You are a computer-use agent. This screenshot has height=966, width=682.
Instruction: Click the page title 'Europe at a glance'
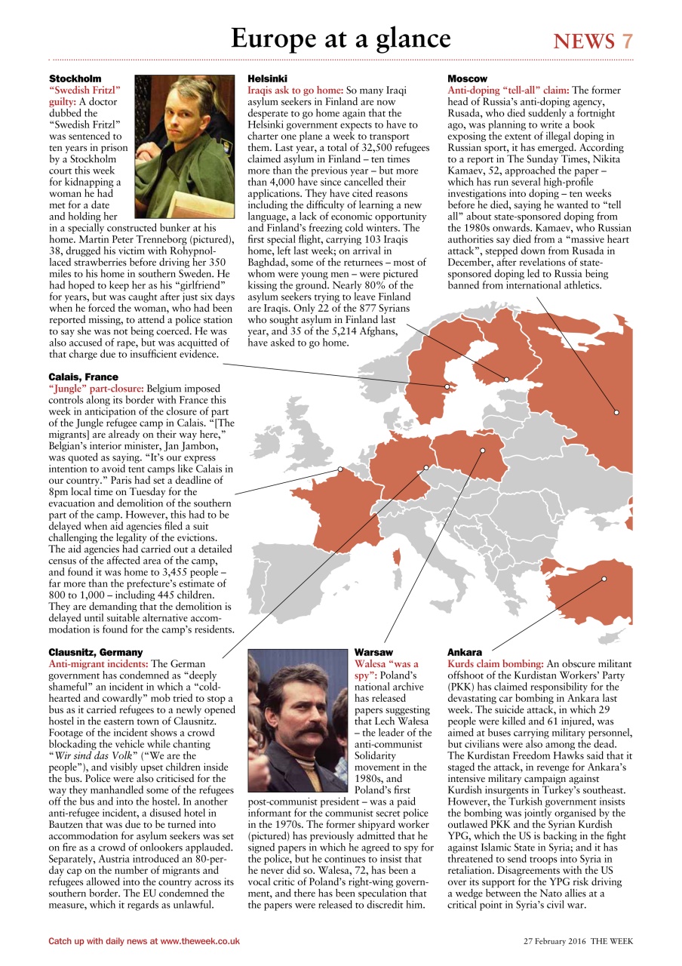click(x=340, y=38)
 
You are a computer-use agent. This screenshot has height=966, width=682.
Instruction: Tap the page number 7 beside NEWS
click(x=626, y=42)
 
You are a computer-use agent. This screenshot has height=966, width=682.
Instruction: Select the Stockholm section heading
click(x=75, y=78)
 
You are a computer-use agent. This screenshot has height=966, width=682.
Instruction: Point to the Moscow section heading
click(x=467, y=78)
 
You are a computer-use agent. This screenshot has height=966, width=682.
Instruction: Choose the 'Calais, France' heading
click(x=83, y=377)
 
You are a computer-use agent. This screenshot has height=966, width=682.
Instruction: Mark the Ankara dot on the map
click(x=604, y=579)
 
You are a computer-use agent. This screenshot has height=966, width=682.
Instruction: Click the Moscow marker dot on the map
click(x=616, y=412)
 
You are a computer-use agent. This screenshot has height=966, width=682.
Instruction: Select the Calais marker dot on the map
click(x=339, y=469)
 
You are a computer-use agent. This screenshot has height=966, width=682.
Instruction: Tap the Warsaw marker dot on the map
click(x=483, y=451)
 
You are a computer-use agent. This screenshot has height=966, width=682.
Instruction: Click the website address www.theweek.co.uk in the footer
click(x=199, y=941)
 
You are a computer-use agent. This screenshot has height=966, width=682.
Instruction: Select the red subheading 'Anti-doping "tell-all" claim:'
click(x=509, y=90)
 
